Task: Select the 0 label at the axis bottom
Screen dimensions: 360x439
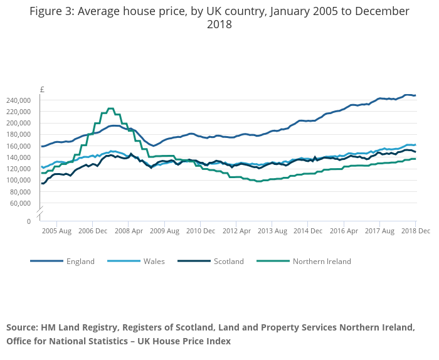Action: point(28,221)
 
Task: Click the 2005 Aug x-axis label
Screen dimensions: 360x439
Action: point(56,231)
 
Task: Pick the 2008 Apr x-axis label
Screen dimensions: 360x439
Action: point(128,231)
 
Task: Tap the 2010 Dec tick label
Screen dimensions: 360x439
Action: point(200,231)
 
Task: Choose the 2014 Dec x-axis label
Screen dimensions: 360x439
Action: point(308,231)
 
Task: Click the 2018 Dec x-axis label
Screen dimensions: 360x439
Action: point(415,231)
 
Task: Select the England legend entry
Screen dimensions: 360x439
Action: point(80,262)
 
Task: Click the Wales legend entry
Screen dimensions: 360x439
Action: point(154,262)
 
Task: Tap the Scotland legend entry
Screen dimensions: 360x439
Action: point(229,262)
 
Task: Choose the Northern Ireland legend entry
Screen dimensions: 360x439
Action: point(322,262)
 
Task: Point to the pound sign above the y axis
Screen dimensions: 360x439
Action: point(42,90)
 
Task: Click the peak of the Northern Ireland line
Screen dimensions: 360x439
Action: point(110,109)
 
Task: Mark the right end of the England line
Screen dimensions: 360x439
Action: point(415,95)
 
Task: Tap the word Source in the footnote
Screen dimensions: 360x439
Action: point(22,328)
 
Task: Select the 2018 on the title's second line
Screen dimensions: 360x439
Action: point(219,25)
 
